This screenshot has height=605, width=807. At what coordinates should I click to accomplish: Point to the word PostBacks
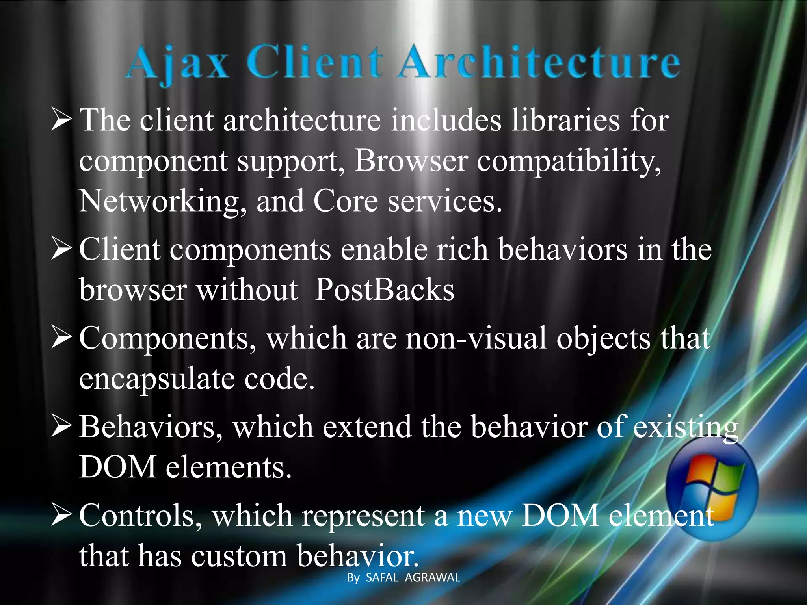(x=385, y=290)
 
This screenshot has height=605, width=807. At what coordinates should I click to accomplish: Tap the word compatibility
(x=569, y=161)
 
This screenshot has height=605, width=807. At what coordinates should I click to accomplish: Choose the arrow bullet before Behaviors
(x=61, y=427)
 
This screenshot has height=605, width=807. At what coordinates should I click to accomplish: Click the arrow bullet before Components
(x=61, y=339)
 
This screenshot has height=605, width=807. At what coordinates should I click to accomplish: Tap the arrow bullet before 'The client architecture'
(x=61, y=121)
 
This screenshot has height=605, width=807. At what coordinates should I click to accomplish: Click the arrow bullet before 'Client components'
(x=61, y=250)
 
